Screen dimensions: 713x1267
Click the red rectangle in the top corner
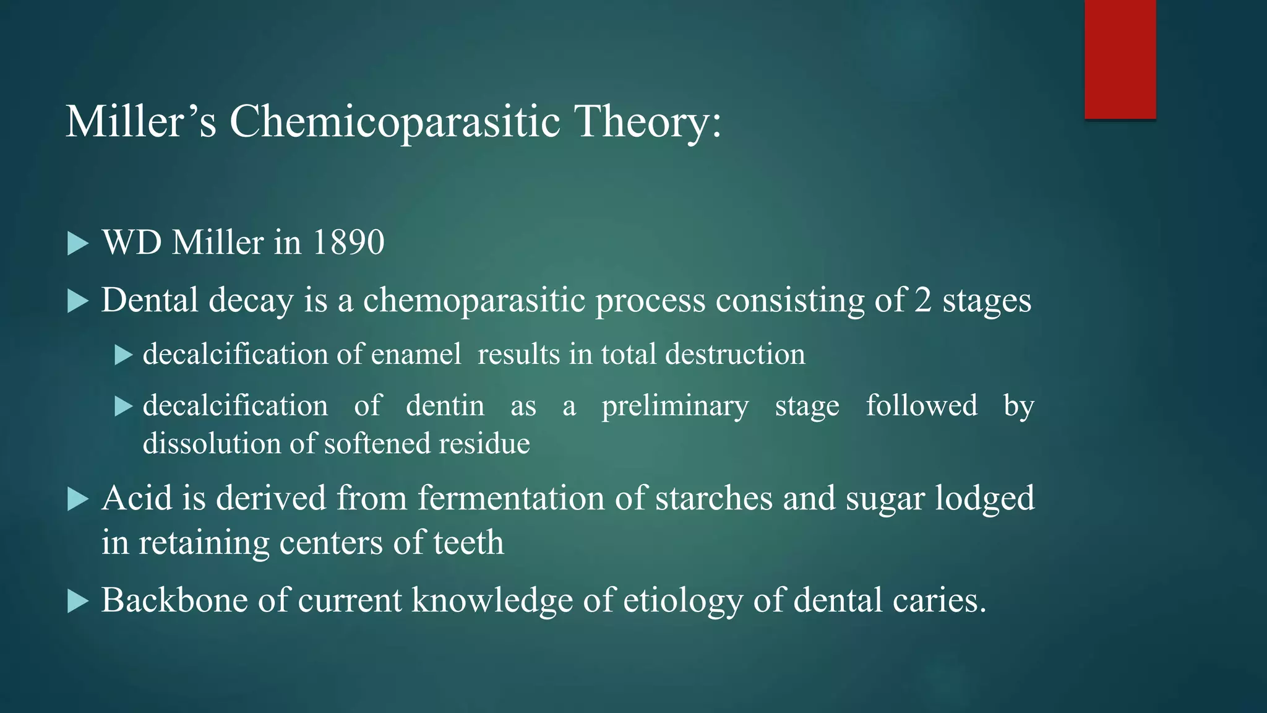click(x=1120, y=59)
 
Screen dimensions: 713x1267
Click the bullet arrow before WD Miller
click(x=77, y=243)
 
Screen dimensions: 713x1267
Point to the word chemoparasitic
click(x=474, y=301)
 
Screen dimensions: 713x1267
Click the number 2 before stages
click(x=922, y=301)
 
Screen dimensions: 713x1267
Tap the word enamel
click(x=416, y=355)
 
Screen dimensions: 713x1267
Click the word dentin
click(x=445, y=406)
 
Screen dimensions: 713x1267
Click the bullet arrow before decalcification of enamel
click(x=124, y=355)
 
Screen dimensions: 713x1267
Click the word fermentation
click(x=510, y=498)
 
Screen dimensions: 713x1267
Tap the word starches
click(x=714, y=498)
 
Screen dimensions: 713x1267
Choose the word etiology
click(x=682, y=601)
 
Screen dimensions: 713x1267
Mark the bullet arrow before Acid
click(x=77, y=499)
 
